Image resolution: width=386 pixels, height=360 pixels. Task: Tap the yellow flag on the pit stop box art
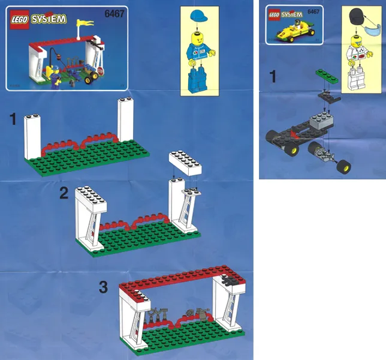coord(85,23)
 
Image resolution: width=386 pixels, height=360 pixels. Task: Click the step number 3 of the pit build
coord(103,287)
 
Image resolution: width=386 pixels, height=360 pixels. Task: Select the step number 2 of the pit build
coord(64,193)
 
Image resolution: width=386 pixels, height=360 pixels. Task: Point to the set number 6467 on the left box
coord(114,14)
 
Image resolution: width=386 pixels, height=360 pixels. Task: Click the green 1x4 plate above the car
coord(327,76)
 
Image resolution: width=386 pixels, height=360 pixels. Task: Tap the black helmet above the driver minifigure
coord(357,16)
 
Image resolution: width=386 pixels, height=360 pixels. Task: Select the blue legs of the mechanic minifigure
coord(198,79)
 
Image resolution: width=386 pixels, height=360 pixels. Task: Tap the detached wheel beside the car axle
coord(343,167)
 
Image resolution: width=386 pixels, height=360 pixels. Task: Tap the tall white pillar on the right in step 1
coord(125,119)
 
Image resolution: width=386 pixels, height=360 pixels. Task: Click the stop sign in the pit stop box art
coord(101,71)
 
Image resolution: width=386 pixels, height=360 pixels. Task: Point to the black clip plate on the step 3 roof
coord(228,280)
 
